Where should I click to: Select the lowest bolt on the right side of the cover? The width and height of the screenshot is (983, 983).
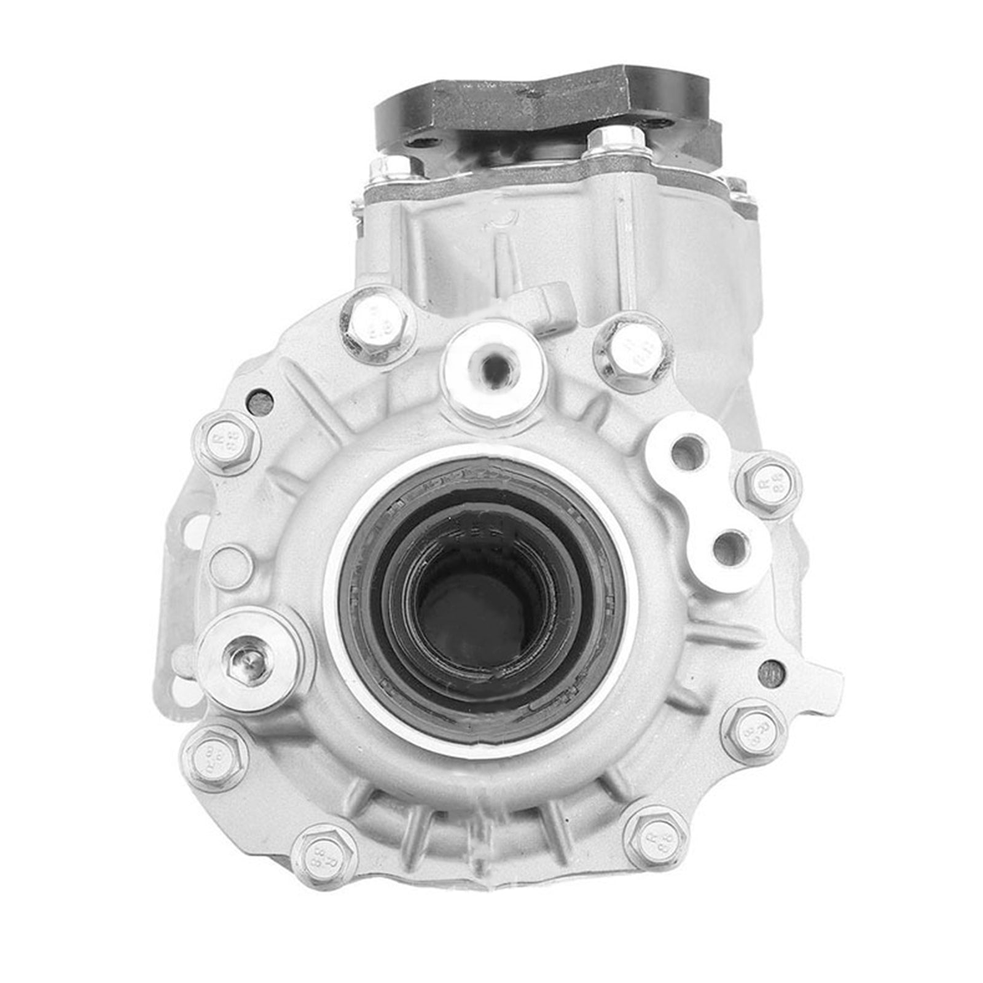(x=654, y=836)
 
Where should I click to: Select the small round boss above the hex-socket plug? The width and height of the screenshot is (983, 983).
(x=231, y=565)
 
